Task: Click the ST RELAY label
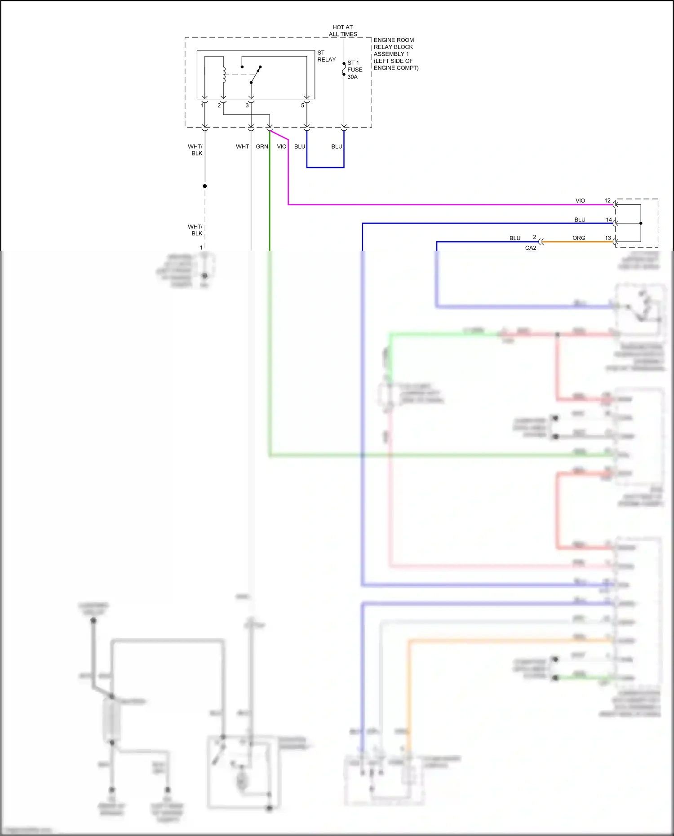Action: tap(326, 56)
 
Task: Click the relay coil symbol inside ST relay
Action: tap(224, 75)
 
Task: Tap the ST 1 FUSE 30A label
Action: tap(355, 70)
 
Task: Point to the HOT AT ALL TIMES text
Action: tap(343, 31)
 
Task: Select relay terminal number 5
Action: tap(302, 106)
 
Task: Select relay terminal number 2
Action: tap(219, 106)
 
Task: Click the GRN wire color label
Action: tap(262, 146)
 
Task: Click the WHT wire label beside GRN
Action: tap(242, 146)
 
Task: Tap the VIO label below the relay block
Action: tap(282, 146)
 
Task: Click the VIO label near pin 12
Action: tap(580, 200)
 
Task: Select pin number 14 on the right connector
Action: tap(609, 220)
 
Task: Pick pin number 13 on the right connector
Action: tap(608, 238)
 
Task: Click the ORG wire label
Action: tap(579, 238)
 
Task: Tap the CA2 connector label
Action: tap(531, 248)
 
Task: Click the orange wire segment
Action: tap(580, 242)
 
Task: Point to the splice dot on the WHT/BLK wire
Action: tap(205, 186)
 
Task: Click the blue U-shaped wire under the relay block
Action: tap(325, 167)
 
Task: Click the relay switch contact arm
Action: tap(255, 75)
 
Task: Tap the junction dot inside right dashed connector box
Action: tap(641, 223)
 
